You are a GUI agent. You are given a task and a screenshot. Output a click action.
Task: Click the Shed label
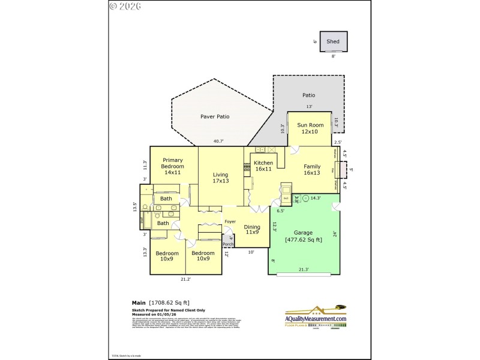tap(333, 41)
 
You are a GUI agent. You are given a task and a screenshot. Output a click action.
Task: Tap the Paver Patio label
tap(215, 116)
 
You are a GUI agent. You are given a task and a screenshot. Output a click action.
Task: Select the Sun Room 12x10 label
tap(310, 128)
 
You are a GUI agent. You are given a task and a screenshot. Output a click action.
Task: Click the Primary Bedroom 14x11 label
tap(172, 166)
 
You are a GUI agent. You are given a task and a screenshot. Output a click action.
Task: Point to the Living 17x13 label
tap(220, 178)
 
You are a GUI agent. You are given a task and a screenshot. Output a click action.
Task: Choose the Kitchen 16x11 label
tap(263, 166)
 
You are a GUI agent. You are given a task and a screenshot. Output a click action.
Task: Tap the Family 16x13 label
tap(311, 170)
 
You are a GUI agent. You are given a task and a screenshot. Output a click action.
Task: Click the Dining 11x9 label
tap(252, 230)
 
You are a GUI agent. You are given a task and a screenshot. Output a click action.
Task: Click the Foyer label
tap(230, 221)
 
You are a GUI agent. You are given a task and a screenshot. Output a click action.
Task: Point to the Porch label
tap(228, 244)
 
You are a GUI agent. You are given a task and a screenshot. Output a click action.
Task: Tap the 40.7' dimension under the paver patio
tap(218, 142)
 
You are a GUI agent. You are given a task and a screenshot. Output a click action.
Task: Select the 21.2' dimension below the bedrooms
tap(185, 279)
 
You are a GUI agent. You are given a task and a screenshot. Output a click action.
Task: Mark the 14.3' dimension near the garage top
tap(316, 197)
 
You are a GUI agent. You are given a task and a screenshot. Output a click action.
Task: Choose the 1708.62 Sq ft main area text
tap(169, 302)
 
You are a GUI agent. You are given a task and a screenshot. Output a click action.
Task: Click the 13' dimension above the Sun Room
tap(310, 107)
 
